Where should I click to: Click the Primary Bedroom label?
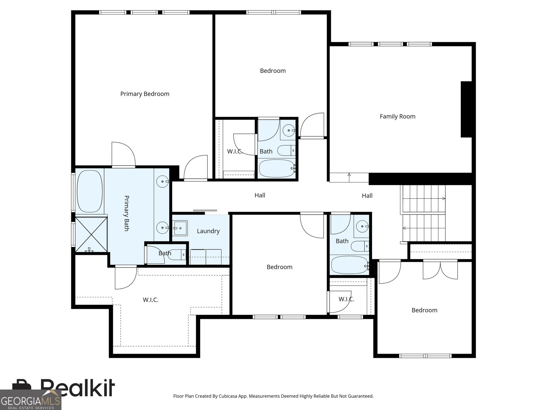pyautogui.click(x=145, y=94)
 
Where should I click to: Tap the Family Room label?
pyautogui.click(x=398, y=116)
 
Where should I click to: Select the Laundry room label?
pyautogui.click(x=208, y=231)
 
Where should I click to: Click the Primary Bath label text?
pyautogui.click(x=126, y=213)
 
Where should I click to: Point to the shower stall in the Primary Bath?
pyautogui.click(x=91, y=234)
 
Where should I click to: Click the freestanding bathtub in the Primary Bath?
pyautogui.click(x=90, y=191)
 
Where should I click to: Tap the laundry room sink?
pyautogui.click(x=180, y=228)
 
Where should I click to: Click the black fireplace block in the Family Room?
pyautogui.click(x=466, y=109)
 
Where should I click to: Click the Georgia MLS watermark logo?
pyautogui.click(x=31, y=400)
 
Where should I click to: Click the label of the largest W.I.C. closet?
pyautogui.click(x=150, y=300)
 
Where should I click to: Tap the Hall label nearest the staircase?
pyautogui.click(x=367, y=196)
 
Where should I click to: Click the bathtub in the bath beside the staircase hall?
pyautogui.click(x=350, y=265)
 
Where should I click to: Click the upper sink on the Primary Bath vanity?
pyautogui.click(x=162, y=181)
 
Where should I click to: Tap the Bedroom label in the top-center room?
pyautogui.click(x=273, y=71)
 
